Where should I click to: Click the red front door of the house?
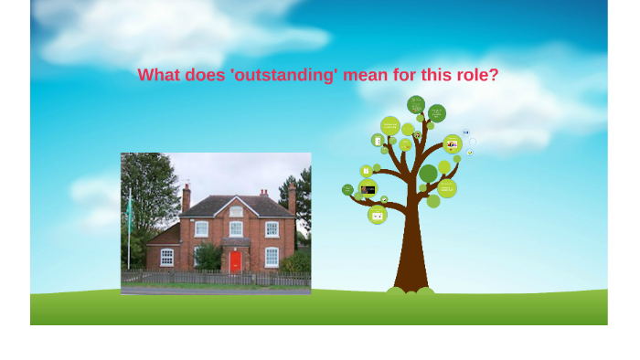(x=235, y=262)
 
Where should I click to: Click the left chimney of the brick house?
(x=187, y=197)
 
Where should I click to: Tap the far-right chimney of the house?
(x=292, y=196)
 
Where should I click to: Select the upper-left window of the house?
(x=201, y=228)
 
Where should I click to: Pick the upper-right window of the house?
(x=272, y=228)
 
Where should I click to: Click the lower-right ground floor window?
(x=272, y=258)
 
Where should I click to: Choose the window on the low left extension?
(x=166, y=257)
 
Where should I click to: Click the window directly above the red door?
(x=236, y=228)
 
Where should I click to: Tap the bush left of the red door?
(x=208, y=258)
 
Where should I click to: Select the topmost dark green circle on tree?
(x=416, y=104)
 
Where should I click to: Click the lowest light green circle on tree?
(x=377, y=215)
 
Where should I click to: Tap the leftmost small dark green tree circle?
(x=347, y=189)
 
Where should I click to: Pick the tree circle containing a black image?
(x=368, y=188)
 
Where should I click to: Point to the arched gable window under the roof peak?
(x=236, y=210)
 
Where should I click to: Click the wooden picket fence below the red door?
(x=235, y=279)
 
